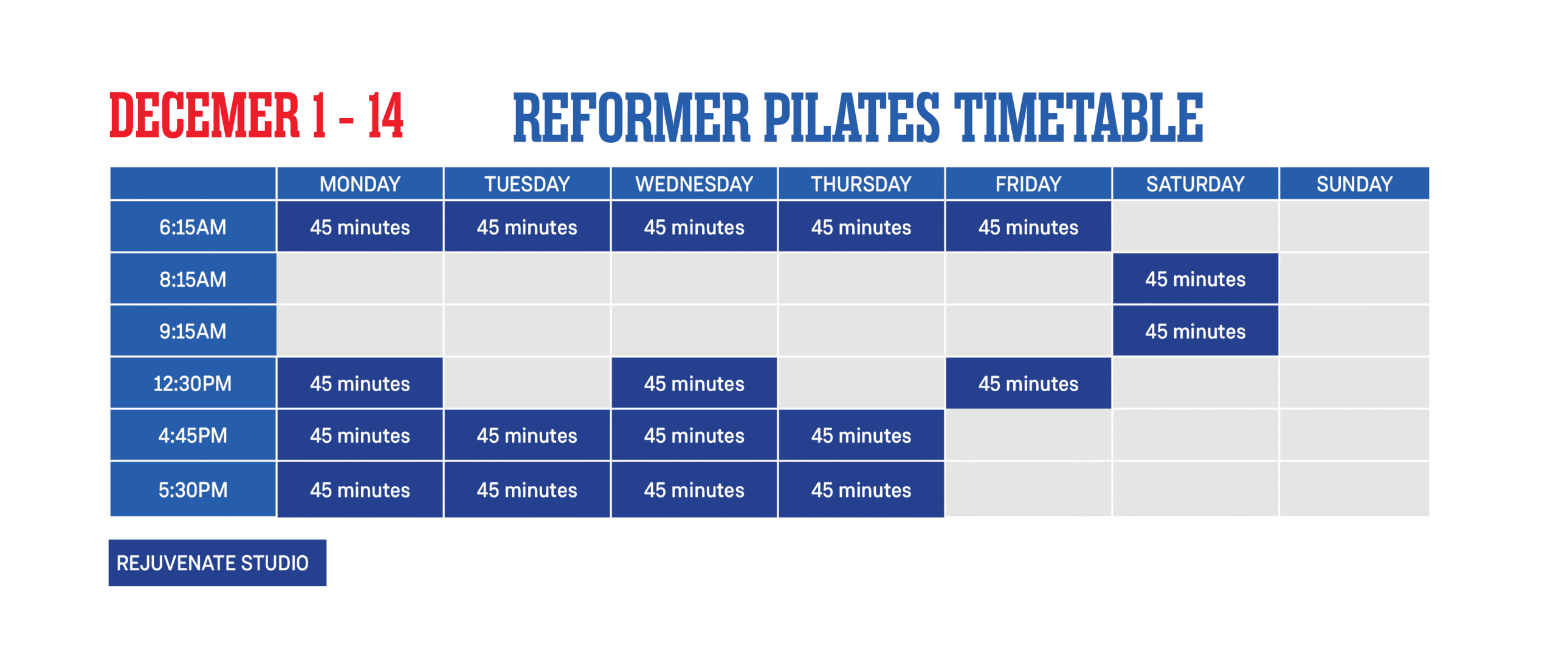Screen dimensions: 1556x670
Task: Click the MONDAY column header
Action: [360, 183]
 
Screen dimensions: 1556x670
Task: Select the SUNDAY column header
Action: [1354, 183]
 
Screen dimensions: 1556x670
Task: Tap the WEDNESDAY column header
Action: [694, 183]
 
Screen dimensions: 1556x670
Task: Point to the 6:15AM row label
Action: [193, 227]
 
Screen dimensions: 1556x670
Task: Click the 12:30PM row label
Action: [193, 383]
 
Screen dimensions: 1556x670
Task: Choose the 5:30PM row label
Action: [193, 490]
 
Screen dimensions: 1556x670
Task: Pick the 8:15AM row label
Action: [193, 279]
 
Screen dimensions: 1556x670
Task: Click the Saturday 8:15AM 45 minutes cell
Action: [1196, 279]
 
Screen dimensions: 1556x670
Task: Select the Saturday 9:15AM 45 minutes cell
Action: [1196, 331]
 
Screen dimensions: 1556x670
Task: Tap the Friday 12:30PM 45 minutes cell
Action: [1028, 383]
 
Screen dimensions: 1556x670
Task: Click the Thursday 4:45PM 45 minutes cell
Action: [861, 435]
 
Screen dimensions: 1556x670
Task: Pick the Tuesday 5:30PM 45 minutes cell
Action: [527, 490]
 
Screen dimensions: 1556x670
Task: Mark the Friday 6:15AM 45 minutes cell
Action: [1028, 227]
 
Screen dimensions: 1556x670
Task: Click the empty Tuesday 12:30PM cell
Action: [527, 383]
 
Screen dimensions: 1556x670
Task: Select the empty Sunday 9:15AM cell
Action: [1354, 331]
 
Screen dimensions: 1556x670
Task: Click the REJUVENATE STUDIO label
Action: [218, 562]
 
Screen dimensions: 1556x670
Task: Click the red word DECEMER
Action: [205, 115]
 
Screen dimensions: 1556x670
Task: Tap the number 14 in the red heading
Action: [385, 115]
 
